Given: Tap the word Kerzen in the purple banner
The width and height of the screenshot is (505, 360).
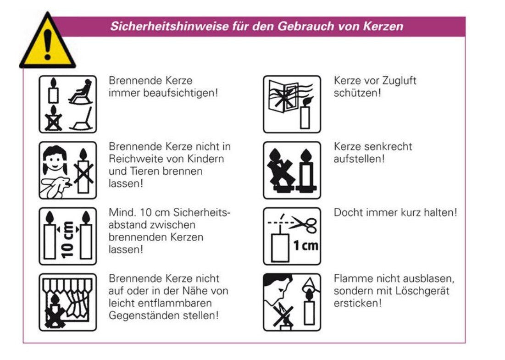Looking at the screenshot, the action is click(383, 26).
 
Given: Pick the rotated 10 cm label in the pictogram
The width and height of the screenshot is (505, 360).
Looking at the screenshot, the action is click(68, 240).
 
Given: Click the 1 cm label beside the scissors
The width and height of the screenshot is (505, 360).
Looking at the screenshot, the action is click(305, 246).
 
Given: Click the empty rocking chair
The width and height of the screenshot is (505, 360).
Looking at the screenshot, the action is click(82, 119).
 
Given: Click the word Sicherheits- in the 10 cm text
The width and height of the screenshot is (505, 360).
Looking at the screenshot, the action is click(202, 212).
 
